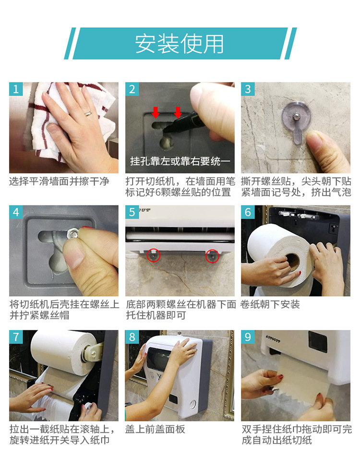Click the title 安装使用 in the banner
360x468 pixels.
tap(180, 44)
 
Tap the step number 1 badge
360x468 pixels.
tap(16, 89)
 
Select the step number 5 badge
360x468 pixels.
tap(132, 212)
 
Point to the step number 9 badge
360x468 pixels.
tap(248, 336)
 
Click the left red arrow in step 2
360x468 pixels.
tap(156, 112)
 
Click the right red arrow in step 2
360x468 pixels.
tap(178, 112)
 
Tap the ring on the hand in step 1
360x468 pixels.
tap(88, 113)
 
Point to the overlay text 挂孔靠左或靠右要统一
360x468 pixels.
tap(180, 161)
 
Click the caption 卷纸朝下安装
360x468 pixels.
tap(270, 304)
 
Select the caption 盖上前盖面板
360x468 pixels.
tap(155, 429)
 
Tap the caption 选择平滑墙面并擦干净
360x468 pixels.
tap(59, 181)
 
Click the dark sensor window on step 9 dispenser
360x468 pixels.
tap(318, 342)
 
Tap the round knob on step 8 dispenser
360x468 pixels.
tap(193, 405)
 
